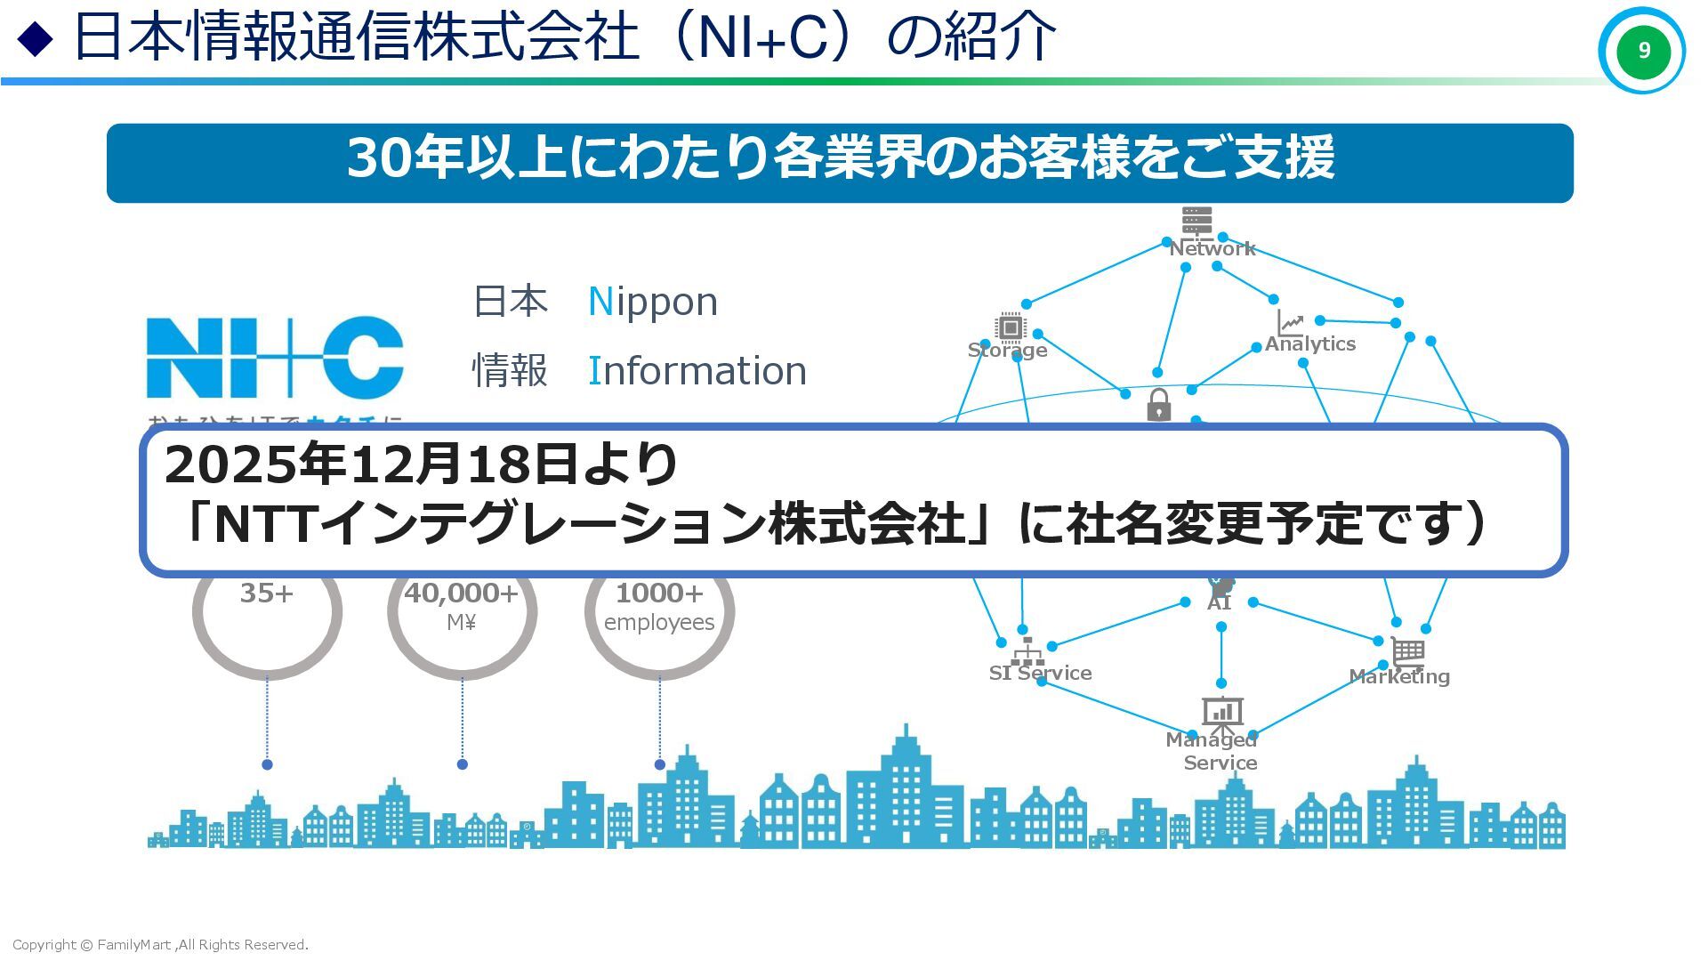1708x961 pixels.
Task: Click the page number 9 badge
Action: [1642, 51]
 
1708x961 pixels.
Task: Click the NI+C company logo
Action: [275, 357]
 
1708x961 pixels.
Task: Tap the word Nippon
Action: [653, 302]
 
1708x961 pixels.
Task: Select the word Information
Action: [697, 370]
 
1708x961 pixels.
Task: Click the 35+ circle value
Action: [266, 594]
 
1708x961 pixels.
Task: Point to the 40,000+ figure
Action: [461, 594]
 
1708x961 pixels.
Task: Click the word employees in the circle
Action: [659, 623]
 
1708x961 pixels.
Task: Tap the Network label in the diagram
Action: [1212, 248]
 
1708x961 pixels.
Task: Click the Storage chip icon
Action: [1010, 327]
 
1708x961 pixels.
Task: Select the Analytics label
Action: [1309, 344]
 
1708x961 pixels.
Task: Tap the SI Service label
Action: [1040, 673]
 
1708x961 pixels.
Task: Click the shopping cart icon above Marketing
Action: [1407, 652]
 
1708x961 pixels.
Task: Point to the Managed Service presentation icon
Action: [1222, 713]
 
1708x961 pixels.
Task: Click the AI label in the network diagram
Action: [1219, 603]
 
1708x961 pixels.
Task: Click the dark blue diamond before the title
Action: [36, 39]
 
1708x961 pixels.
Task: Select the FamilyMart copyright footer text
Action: [160, 945]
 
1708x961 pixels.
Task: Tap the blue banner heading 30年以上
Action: [839, 158]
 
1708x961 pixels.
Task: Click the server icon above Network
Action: [1196, 221]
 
